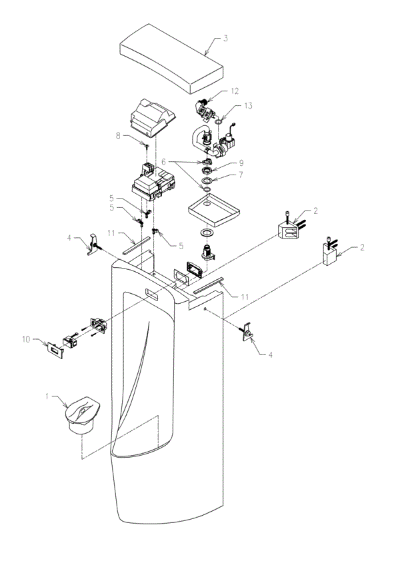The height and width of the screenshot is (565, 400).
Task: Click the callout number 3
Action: tap(225, 39)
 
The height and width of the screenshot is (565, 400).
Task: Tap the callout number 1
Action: tap(47, 397)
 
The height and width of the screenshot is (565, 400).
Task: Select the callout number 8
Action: tap(118, 135)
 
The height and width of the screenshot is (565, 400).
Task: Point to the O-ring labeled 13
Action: tap(217, 121)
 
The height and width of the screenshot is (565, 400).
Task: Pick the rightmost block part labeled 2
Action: tap(330, 254)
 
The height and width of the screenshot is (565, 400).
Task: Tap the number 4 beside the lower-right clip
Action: tap(269, 355)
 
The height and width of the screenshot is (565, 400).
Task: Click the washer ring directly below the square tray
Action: tap(207, 233)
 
